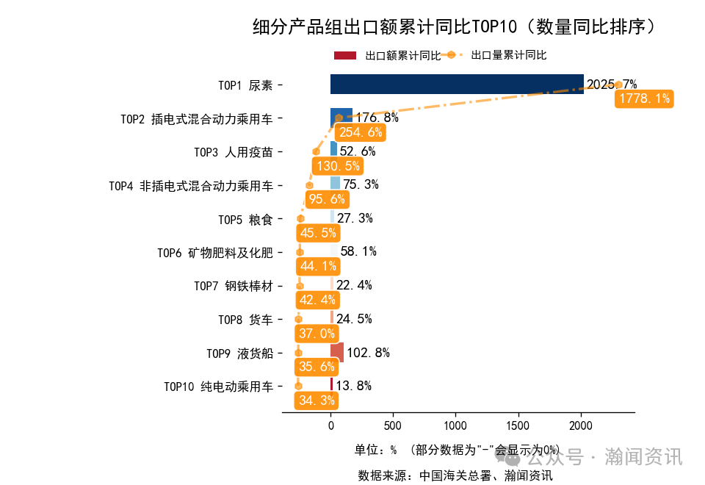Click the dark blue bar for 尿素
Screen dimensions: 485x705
pos(457,84)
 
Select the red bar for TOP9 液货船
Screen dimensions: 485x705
pos(337,352)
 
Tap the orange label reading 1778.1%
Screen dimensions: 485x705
pos(644,98)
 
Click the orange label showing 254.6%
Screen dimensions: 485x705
pos(360,132)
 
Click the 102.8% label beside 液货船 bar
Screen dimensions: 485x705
pos(368,353)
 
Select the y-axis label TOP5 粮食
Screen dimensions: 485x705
pos(245,219)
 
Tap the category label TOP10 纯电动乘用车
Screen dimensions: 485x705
pos(218,387)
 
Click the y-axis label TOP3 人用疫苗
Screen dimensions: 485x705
pos(233,152)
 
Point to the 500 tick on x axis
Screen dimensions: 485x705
pos(393,425)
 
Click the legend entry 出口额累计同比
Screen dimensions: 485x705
pos(387,55)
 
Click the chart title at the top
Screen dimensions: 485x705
pos(454,27)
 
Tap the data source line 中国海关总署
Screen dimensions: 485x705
pos(455,475)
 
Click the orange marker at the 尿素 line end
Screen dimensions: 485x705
pos(618,85)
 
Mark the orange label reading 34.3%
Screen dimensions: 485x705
pos(317,400)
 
